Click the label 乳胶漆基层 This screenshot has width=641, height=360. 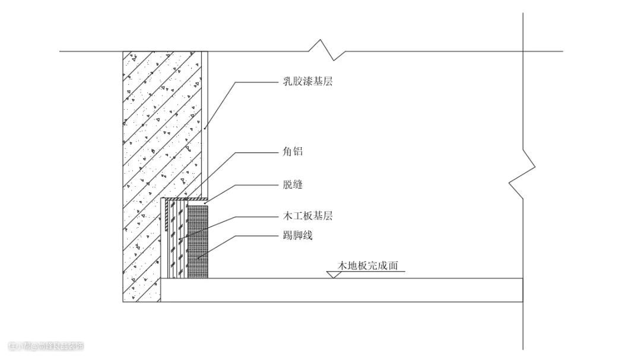[x=307, y=82]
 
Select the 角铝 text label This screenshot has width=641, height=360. [x=293, y=152]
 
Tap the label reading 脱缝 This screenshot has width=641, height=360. [x=293, y=185]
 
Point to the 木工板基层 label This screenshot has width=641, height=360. [x=307, y=216]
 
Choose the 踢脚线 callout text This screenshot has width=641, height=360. [x=297, y=236]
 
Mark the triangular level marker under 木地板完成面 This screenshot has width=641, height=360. [x=333, y=275]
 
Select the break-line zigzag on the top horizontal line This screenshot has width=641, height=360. [x=328, y=50]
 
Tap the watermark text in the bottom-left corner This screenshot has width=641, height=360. [x=46, y=346]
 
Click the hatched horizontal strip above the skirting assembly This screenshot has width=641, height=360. [x=185, y=199]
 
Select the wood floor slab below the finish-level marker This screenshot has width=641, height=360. [x=341, y=290]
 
